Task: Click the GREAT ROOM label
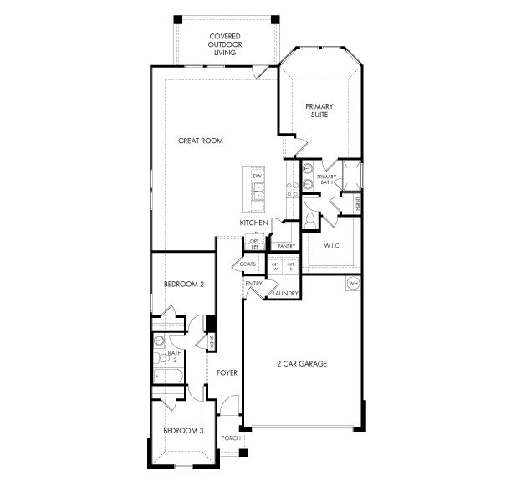pyautogui.click(x=201, y=141)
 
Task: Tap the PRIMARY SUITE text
pyautogui.click(x=319, y=110)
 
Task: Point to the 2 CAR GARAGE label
pyautogui.click(x=301, y=364)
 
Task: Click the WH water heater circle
pyautogui.click(x=353, y=284)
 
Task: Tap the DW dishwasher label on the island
pyautogui.click(x=258, y=177)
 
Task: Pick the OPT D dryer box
pyautogui.click(x=291, y=266)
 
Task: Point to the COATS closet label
pyautogui.click(x=248, y=264)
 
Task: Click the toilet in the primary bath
pyautogui.click(x=311, y=218)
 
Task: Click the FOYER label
pyautogui.click(x=226, y=372)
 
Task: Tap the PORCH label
pyautogui.click(x=230, y=438)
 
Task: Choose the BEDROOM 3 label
pyautogui.click(x=183, y=430)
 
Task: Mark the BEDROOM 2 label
pyautogui.click(x=184, y=285)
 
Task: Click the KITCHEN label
pyautogui.click(x=253, y=223)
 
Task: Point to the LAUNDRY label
pyautogui.click(x=285, y=293)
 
